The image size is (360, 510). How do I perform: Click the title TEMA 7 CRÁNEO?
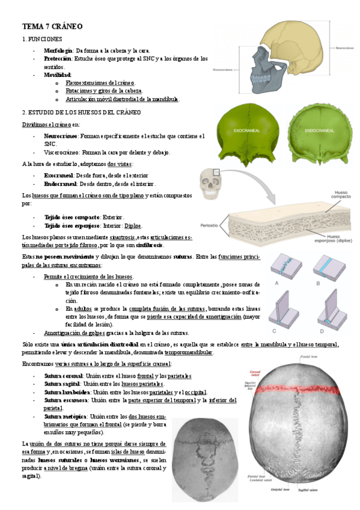point(52,26)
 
